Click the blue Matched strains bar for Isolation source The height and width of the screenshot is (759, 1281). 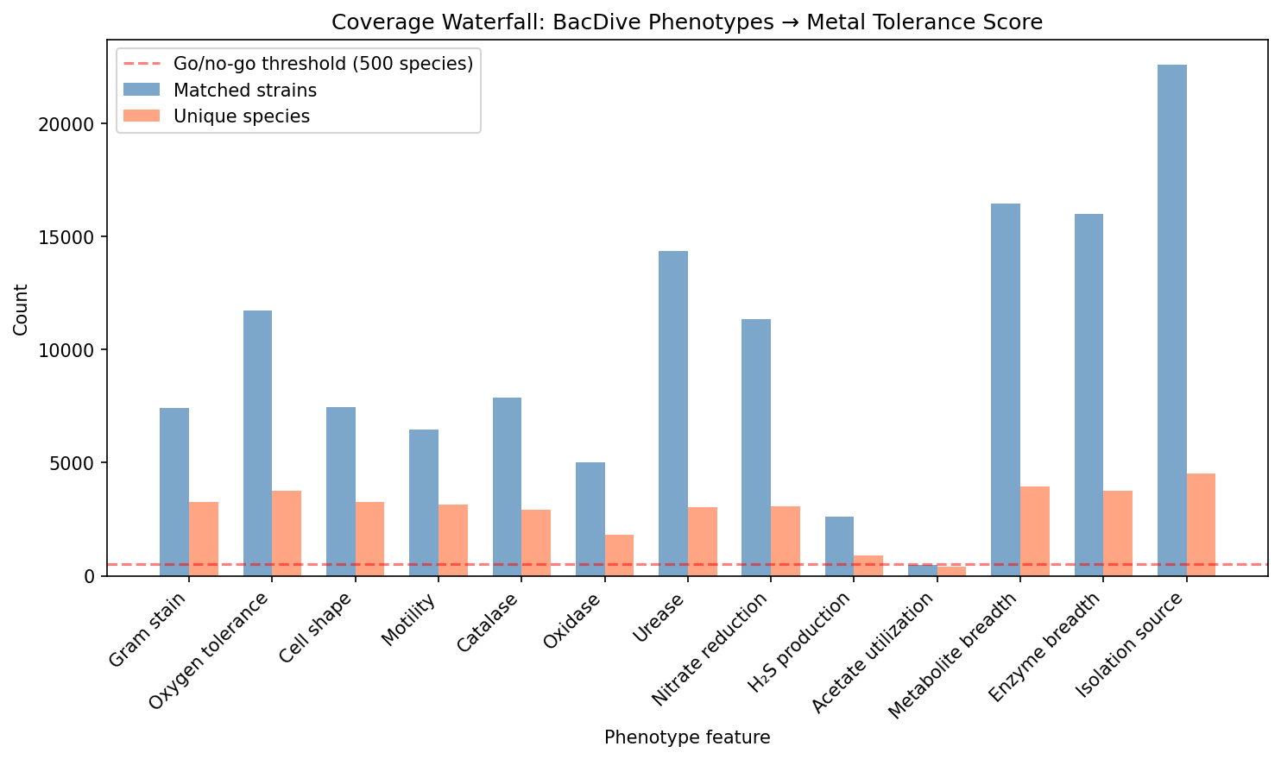[1171, 319]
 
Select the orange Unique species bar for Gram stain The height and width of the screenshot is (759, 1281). [204, 538]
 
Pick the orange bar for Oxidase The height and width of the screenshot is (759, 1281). [619, 555]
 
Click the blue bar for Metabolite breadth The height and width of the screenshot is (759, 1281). [1006, 389]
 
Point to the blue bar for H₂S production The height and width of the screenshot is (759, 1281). [839, 545]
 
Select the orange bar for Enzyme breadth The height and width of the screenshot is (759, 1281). [1118, 532]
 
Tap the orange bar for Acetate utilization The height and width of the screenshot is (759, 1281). [951, 571]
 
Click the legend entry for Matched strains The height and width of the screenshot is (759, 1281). [244, 91]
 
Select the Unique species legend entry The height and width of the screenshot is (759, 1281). [241, 116]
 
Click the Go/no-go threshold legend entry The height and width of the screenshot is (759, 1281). [323, 65]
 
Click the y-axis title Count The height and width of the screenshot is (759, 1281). [21, 309]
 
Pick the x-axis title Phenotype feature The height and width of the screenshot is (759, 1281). [687, 738]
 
